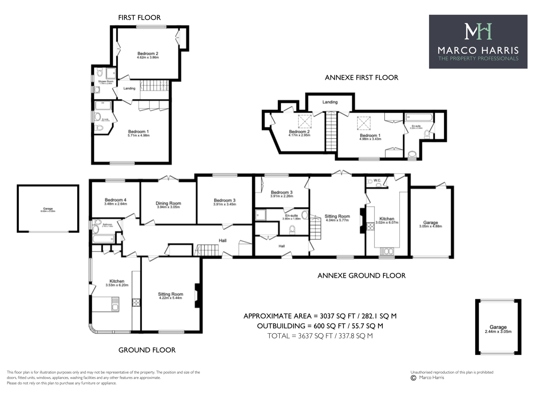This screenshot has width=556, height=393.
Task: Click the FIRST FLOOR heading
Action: click(x=139, y=18)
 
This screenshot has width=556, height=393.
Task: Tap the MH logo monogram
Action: click(x=478, y=31)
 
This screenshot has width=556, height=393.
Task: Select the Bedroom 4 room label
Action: click(x=115, y=200)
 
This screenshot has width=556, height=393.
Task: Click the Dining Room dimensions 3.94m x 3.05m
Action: click(x=168, y=207)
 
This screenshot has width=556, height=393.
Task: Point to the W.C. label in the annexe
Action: click(x=377, y=180)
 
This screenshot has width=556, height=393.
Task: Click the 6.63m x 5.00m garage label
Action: click(x=48, y=211)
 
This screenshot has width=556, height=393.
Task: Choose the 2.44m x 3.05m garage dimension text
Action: click(x=498, y=332)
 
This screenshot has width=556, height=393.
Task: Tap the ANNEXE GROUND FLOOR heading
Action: click(x=361, y=276)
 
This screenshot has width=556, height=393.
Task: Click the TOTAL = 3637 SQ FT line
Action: click(x=320, y=336)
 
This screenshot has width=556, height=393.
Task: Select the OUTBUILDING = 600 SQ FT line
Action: click(x=320, y=326)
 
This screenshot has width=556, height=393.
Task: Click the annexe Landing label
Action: click(x=330, y=102)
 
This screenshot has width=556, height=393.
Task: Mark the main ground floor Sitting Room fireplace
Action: click(x=197, y=295)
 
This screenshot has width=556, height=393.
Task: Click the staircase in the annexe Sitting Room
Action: click(x=315, y=228)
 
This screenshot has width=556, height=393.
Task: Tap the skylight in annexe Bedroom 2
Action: click(x=304, y=121)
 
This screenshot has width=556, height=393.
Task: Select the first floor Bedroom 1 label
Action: click(x=138, y=132)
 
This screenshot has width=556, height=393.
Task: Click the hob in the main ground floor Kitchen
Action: click(x=136, y=302)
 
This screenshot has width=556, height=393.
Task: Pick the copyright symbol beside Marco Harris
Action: click(x=413, y=378)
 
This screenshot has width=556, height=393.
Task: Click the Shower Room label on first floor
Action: click(x=106, y=82)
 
